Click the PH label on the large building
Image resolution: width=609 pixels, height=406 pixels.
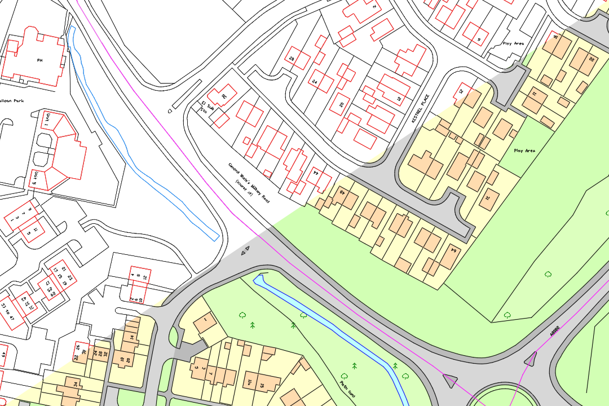tap(39, 59)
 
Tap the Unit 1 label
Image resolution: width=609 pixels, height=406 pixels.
tap(48, 120)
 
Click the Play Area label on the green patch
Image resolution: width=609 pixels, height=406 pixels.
tap(524, 151)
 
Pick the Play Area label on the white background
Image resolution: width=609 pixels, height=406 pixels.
tap(513, 43)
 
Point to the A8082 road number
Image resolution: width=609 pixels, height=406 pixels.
tap(555, 331)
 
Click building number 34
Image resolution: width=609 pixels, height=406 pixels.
tap(75, 385)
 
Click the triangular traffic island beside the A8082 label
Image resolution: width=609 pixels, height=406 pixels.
tap(531, 358)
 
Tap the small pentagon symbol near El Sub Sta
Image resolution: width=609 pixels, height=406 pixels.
tap(170, 111)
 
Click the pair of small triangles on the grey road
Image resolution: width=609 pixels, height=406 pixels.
tap(245, 250)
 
